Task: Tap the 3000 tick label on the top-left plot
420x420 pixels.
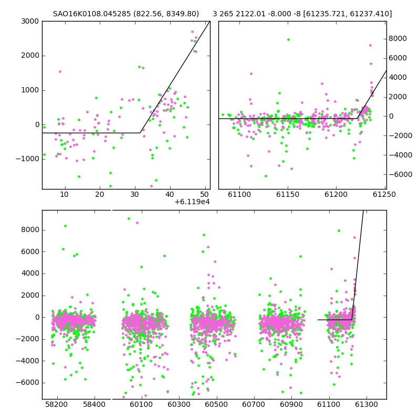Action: coord(30,21)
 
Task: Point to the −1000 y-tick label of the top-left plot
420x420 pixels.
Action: coord(28,159)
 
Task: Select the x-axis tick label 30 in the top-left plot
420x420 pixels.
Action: coord(135,194)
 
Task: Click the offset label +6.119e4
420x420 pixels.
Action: coord(192,202)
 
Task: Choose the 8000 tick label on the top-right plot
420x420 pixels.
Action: coord(398,38)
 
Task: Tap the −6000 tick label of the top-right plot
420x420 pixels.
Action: coord(401,174)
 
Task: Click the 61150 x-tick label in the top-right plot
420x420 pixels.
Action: coord(288,194)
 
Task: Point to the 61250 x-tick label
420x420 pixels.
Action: coord(384,194)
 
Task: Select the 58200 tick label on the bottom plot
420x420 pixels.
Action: coord(57,404)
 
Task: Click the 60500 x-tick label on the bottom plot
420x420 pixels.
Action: coord(216,404)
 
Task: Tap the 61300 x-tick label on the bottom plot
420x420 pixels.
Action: coord(366,404)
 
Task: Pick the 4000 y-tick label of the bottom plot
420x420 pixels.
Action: coord(30,274)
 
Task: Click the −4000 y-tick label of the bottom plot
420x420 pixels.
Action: coord(28,361)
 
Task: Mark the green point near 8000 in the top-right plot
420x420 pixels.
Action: coord(288,40)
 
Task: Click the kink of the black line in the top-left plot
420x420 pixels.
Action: coord(140,133)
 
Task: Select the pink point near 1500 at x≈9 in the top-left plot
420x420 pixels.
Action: coord(60,71)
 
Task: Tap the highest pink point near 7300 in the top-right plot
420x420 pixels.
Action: coord(371,46)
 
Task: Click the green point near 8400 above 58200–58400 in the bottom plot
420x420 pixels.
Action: coord(65,226)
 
